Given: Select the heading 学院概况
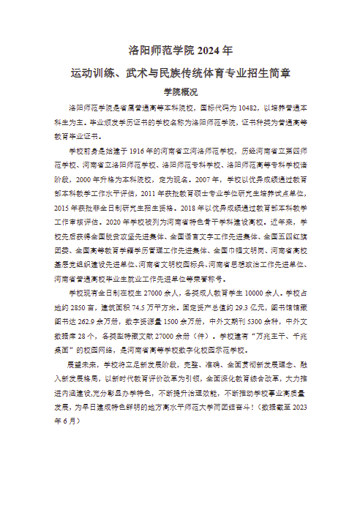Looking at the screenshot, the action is pyautogui.click(x=180, y=92).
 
